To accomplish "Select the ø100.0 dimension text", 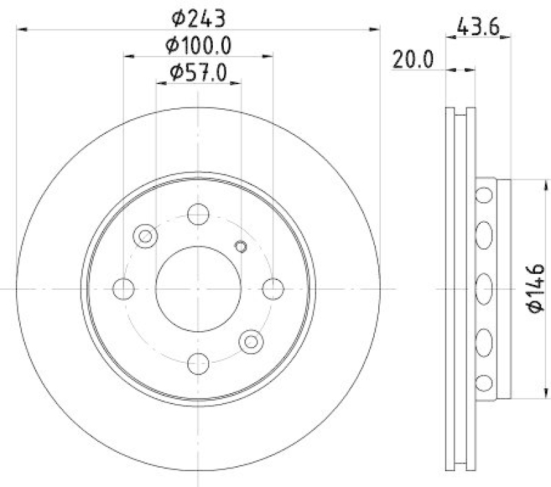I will point(198,46).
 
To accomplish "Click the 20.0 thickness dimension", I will point(413,60).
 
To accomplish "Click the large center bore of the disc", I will point(198,288).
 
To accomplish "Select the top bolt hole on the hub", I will point(198,216).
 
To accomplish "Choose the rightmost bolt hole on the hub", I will point(273,288).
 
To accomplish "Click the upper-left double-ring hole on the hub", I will point(145,237).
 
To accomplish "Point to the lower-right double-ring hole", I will point(251,339).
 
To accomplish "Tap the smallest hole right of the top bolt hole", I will point(240,246).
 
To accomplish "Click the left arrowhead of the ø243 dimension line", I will point(21,29).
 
